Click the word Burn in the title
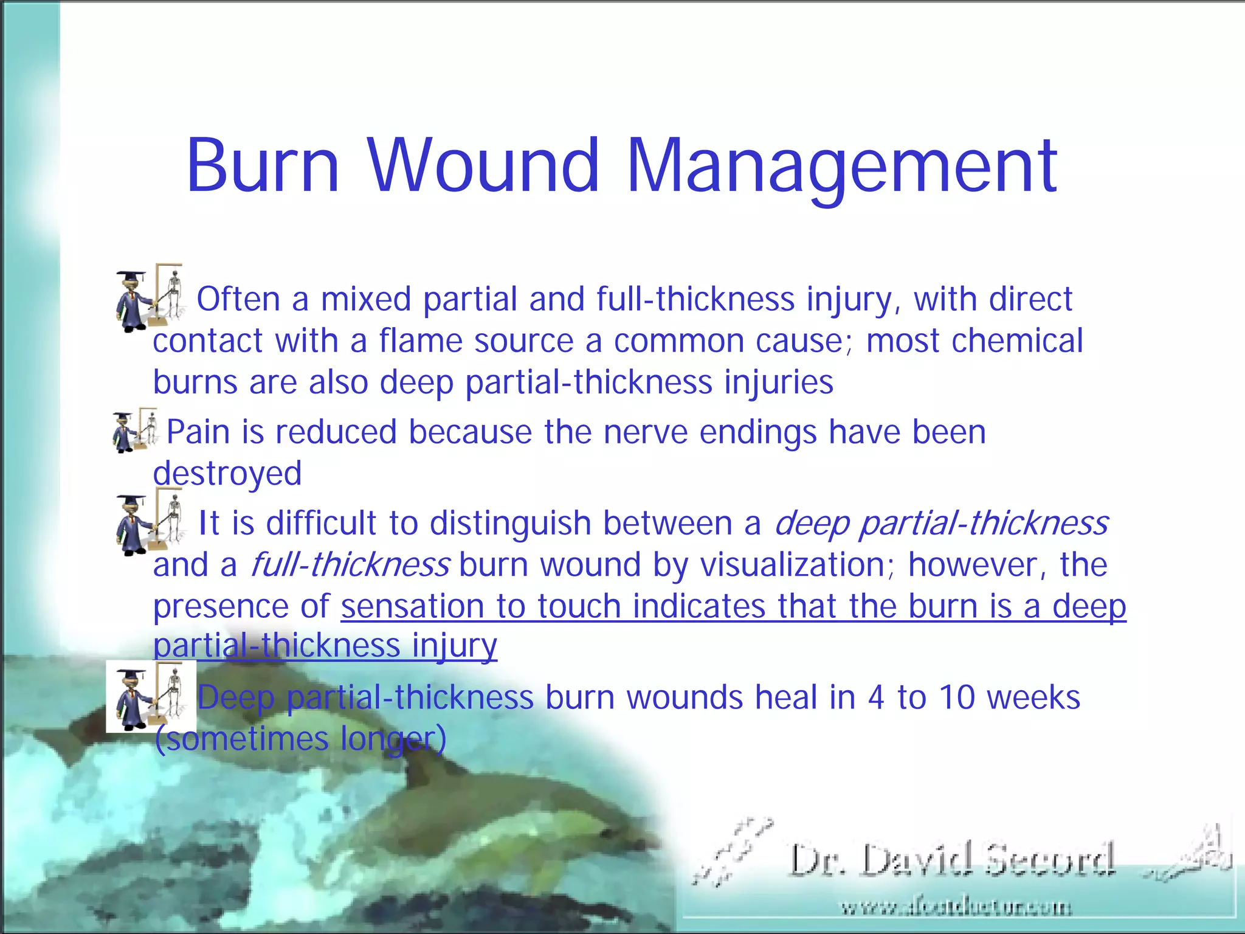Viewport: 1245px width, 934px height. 263,165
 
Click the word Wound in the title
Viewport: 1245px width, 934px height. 483,165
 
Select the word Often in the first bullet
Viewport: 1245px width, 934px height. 238,299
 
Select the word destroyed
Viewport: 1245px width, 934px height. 227,473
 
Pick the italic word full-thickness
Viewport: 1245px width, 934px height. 350,565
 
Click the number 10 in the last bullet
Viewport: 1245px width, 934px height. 957,697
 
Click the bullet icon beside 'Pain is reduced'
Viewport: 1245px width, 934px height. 135,431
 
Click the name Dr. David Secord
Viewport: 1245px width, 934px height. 952,860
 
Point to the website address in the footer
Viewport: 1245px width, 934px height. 956,908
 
